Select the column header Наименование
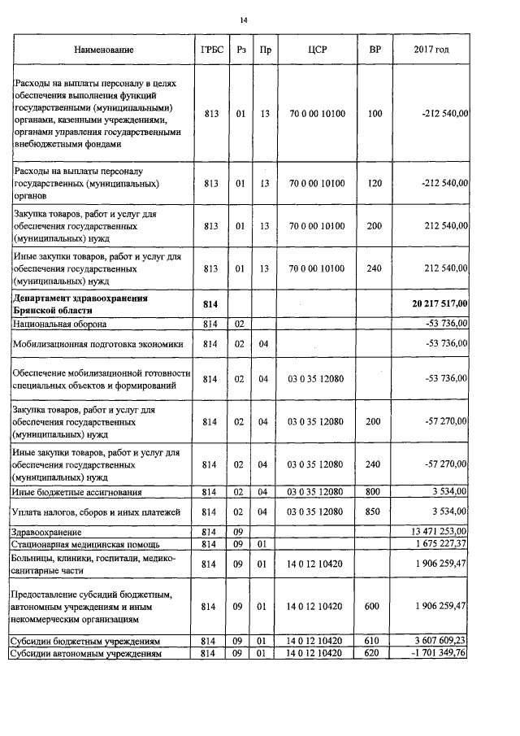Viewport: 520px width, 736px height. coord(103,50)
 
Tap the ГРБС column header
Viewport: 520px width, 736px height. coord(211,50)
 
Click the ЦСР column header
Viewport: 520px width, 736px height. coord(318,50)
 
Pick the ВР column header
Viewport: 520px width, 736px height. coord(375,50)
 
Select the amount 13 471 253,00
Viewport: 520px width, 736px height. coord(441,531)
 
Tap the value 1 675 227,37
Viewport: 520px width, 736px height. coord(442,542)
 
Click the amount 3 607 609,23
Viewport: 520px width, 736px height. coord(442,641)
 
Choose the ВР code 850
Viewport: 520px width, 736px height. coord(375,512)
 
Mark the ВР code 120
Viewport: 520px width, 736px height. coord(375,184)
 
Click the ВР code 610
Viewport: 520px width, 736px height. coord(375,641)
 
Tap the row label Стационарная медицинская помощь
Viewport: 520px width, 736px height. coord(84,543)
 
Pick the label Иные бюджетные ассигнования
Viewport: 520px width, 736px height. coord(76,492)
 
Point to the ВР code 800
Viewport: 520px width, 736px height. coord(375,492)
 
